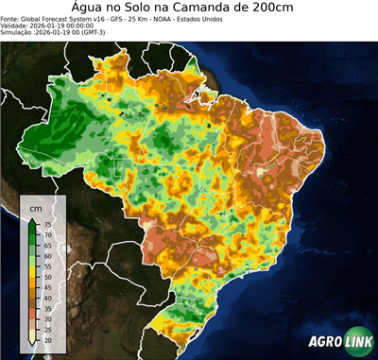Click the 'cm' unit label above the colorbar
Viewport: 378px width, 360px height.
tap(35, 207)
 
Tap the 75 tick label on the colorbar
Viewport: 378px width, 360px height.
tap(47, 225)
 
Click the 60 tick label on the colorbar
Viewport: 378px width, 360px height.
tap(47, 254)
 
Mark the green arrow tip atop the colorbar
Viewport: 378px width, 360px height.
tap(33, 219)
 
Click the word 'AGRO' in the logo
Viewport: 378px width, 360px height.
tap(323, 343)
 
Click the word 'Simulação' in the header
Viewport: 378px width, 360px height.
tap(17, 33)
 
